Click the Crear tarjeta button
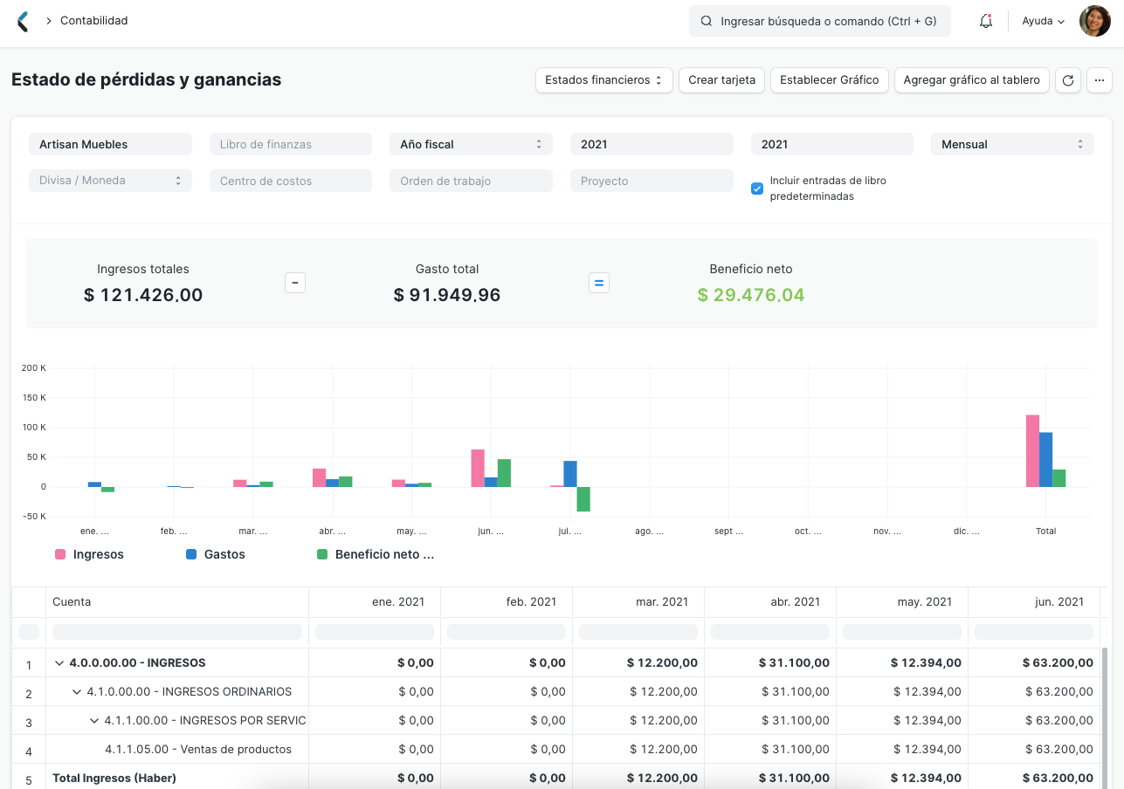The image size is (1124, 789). [721, 80]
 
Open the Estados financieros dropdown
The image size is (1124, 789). [603, 80]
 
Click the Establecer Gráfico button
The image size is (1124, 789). [829, 80]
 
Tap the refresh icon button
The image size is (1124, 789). [1067, 80]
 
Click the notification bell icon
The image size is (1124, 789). [986, 21]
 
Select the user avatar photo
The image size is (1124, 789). [1094, 21]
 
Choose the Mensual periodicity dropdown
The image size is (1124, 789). [1011, 145]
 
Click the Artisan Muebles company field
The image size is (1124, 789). [110, 145]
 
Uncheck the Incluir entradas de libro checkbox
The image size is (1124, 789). [757, 189]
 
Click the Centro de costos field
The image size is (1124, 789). [290, 182]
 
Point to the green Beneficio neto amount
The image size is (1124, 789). [750, 295]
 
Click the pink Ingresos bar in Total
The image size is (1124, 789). [1032, 450]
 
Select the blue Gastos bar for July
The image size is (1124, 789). [570, 474]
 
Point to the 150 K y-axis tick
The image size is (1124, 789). [34, 398]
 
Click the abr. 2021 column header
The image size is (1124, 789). [769, 602]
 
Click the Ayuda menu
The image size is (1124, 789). [1043, 21]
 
